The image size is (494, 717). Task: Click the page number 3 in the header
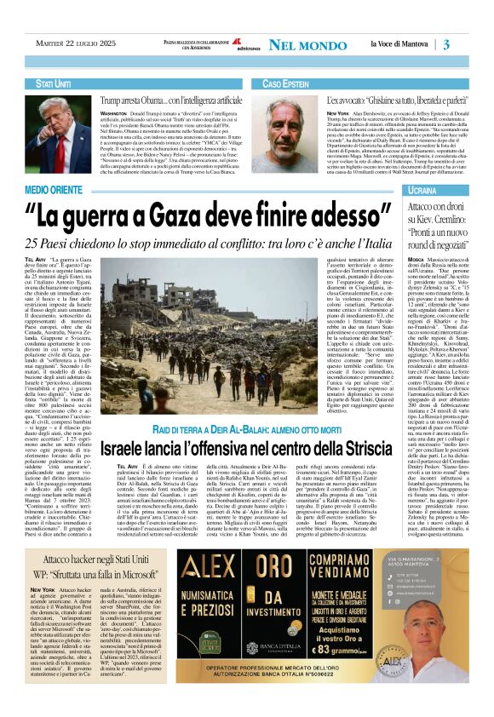coord(470,44)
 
